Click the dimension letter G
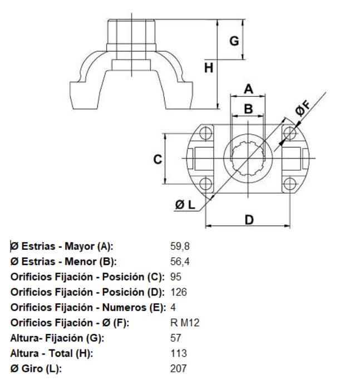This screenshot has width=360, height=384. click(x=234, y=41)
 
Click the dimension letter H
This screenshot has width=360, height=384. click(x=209, y=68)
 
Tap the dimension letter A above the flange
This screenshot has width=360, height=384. click(x=248, y=89)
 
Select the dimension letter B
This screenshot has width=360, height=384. click(x=248, y=109)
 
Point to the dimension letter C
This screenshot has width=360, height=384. click(x=157, y=159)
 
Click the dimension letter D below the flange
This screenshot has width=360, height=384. click(x=249, y=220)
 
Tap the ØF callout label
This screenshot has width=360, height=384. click(x=303, y=108)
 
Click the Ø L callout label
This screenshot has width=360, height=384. click(x=185, y=204)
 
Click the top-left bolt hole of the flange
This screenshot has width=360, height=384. click(x=206, y=133)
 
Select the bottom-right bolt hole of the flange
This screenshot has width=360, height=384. click(x=290, y=184)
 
